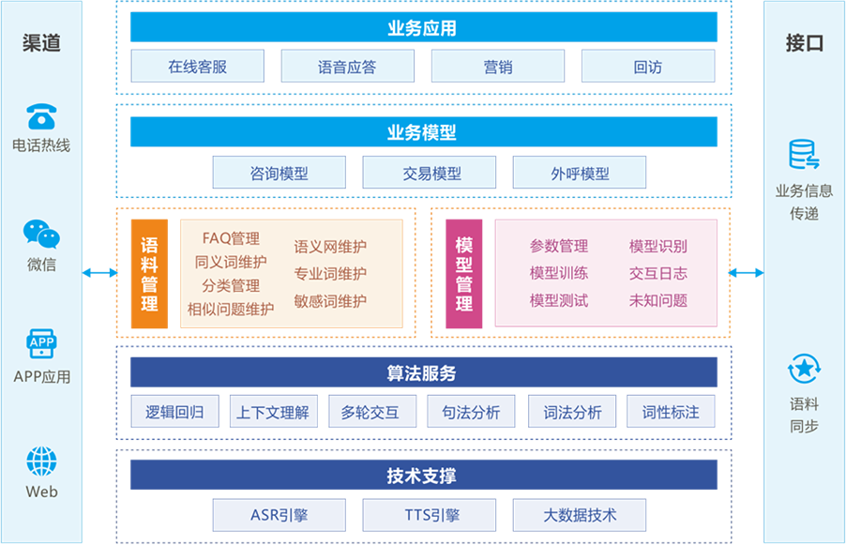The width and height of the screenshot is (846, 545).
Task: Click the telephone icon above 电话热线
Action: coord(41,116)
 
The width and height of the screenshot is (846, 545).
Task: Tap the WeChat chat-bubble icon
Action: coord(41,234)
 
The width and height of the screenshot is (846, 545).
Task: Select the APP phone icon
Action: coord(41,345)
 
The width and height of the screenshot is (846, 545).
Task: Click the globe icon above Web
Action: coord(41,462)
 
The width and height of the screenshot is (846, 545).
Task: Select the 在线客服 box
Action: coord(197,68)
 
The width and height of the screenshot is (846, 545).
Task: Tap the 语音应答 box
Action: coord(347,68)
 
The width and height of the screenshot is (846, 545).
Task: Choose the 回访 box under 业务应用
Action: coord(647,68)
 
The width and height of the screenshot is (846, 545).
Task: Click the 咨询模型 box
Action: coord(279,174)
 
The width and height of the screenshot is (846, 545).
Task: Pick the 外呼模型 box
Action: coord(580,174)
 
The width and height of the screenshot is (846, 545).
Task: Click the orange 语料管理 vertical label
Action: coord(149,274)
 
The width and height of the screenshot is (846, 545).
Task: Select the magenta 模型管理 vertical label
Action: coord(463,274)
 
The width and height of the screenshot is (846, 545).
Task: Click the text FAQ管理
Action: coord(231,239)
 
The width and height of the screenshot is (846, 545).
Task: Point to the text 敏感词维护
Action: coord(330,301)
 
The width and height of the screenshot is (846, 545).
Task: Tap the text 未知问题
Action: coord(658,301)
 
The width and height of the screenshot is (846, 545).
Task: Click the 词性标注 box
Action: coord(671,412)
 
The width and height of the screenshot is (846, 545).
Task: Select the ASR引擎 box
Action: coord(279,515)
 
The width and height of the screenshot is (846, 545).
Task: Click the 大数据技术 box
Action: coord(580,515)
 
